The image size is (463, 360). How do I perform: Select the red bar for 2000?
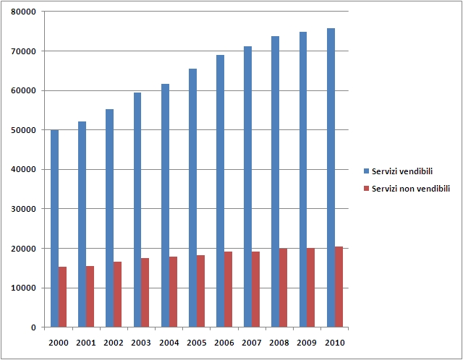coord(63,296)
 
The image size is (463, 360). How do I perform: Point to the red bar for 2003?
coord(145,293)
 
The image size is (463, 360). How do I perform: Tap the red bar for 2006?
coord(229,289)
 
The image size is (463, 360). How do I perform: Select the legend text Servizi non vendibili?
coord(410,188)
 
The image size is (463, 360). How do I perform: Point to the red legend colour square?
coord(366,188)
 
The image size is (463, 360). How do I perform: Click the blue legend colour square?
coord(366,171)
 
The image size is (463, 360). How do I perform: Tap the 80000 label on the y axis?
coord(25,12)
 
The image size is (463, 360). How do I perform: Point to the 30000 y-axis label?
coord(25,209)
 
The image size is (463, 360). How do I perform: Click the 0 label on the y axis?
coord(33,327)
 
